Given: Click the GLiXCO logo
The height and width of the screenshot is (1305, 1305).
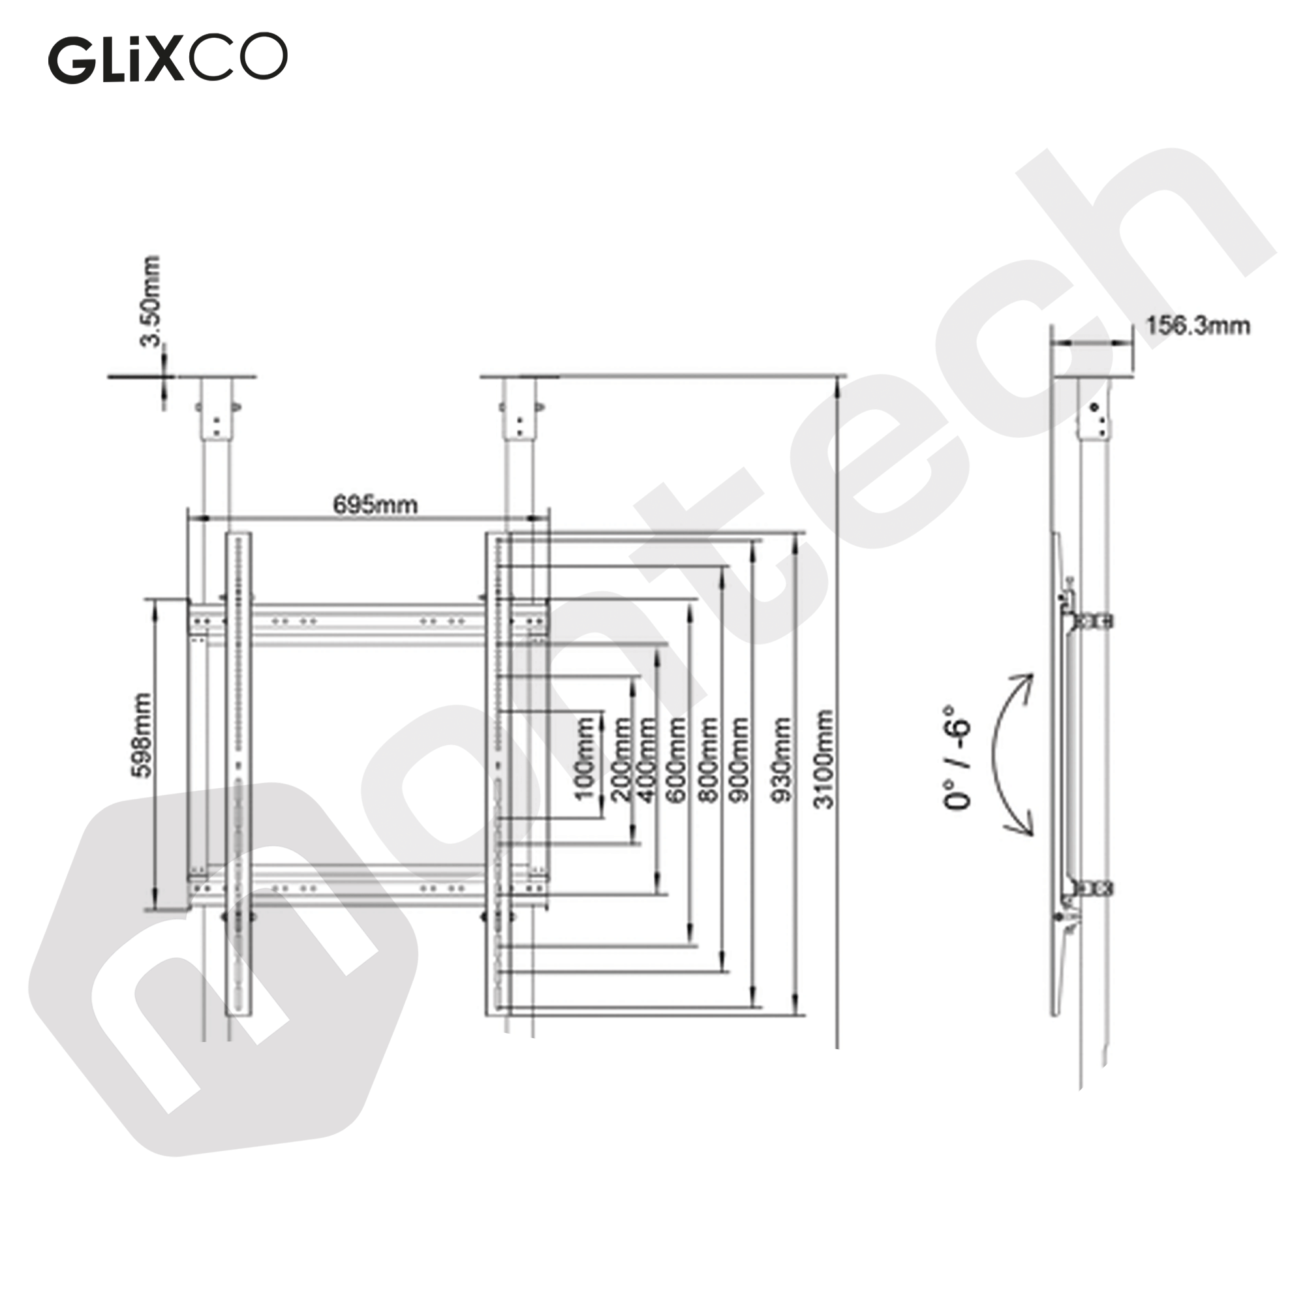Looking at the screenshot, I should coord(167,59).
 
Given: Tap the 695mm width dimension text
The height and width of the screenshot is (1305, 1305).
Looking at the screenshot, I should coord(375,504).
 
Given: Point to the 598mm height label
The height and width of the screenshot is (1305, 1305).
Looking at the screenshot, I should coord(144,735).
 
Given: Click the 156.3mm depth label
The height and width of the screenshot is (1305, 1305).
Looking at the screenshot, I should coord(1197,326).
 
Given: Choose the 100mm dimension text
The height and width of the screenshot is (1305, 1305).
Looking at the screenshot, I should coord(585,758).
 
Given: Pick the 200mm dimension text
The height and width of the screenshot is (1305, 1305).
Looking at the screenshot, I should coord(621,760).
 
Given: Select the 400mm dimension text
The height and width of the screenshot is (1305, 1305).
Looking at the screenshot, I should coord(647,760).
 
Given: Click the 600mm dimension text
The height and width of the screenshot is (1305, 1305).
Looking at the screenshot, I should coord(676,760).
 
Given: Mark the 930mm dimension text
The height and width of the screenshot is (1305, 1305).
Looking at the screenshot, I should coord(781,760).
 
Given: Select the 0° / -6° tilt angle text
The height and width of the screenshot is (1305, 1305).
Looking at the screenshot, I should coord(957,758).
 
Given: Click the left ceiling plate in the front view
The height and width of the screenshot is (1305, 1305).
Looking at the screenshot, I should coord(216,376).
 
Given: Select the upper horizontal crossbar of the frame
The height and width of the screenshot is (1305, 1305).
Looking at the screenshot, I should coord(368,620).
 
